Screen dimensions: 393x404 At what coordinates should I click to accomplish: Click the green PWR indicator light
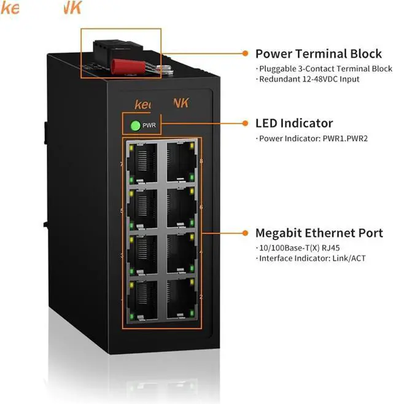pyautogui.click(x=135, y=126)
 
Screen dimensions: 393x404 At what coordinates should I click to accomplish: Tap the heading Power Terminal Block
pyautogui.click(x=318, y=53)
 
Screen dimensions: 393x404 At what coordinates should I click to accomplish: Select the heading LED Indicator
pyautogui.click(x=294, y=123)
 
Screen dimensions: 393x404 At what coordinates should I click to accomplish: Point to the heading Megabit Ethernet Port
pyautogui.click(x=319, y=233)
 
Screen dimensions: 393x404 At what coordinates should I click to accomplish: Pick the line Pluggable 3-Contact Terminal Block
pyautogui.click(x=323, y=69)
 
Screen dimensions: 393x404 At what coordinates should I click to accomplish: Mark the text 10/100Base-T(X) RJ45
pyautogui.click(x=289, y=247)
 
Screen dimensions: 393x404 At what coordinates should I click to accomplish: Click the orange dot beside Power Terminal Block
pyautogui.click(x=245, y=53)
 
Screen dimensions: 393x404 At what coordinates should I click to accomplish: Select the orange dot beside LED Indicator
pyautogui.click(x=245, y=123)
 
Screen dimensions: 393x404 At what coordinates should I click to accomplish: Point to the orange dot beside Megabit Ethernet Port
pyautogui.click(x=245, y=233)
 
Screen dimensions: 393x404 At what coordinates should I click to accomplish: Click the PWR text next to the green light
pyautogui.click(x=149, y=126)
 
